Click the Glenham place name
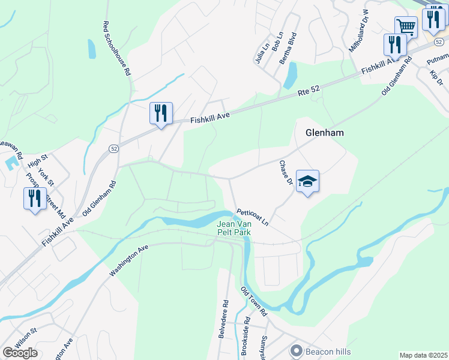pyautogui.click(x=325, y=133)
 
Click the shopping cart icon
pyautogui.click(x=406, y=26)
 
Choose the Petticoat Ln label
pyautogui.click(x=252, y=215)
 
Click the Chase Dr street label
pyautogui.click(x=286, y=172)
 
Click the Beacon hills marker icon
pyautogui.click(x=295, y=350)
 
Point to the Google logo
pyautogui.click(x=20, y=353)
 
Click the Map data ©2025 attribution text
pyautogui.click(x=423, y=355)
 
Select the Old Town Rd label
pyautogui.click(x=253, y=302)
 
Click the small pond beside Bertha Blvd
pyautogui.click(x=291, y=76)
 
